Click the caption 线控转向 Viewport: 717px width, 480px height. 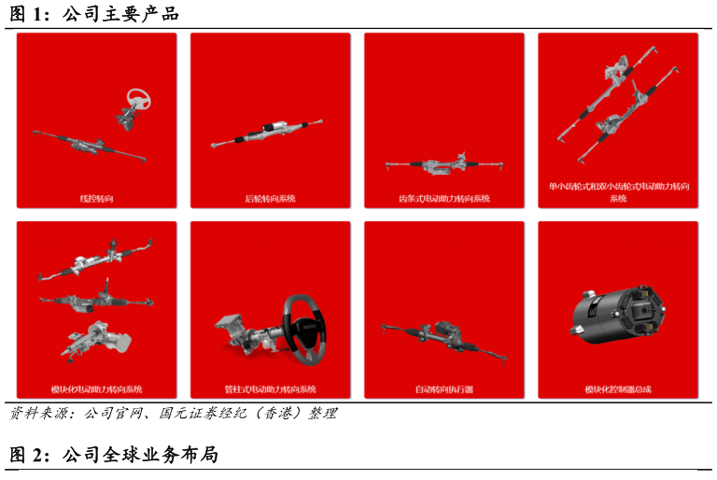[x=96, y=199]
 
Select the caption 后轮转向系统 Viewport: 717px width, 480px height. [x=270, y=199]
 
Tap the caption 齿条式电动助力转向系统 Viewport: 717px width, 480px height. [x=444, y=199]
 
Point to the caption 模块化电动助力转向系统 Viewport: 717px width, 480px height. [x=96, y=389]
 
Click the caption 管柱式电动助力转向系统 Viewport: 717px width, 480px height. [x=270, y=389]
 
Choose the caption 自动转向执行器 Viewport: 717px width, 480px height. [x=444, y=389]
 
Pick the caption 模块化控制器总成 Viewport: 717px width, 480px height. [x=618, y=389]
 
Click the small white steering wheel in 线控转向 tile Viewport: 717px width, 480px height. [x=138, y=98]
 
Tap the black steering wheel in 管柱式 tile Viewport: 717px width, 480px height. [x=304, y=329]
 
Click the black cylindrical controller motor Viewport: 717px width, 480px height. [x=617, y=316]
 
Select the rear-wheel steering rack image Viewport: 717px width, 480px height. [x=267, y=134]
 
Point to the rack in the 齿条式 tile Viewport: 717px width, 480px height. [x=444, y=163]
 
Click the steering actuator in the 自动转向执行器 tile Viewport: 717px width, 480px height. [x=444, y=339]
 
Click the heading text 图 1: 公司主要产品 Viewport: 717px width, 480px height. [x=94, y=14]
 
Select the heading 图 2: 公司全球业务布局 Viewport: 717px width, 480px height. [x=114, y=455]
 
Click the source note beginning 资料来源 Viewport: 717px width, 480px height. [x=174, y=413]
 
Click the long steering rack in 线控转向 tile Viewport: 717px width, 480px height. [x=90, y=146]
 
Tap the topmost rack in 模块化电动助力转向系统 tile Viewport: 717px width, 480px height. [x=96, y=259]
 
